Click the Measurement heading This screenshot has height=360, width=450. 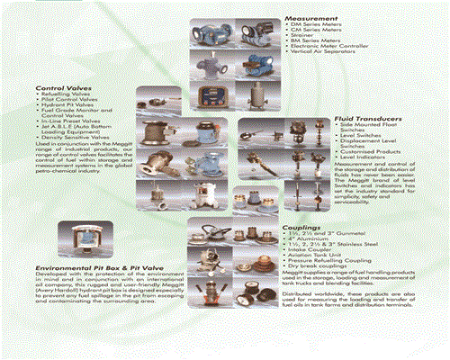pos(311,18)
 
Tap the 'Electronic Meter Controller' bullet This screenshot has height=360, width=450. pos(329,47)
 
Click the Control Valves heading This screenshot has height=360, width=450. pos(60,88)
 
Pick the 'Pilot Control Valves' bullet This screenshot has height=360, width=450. pos(67,101)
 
